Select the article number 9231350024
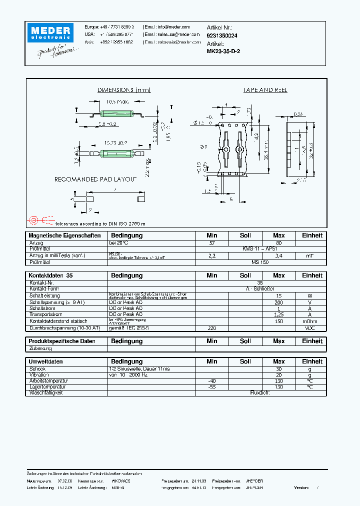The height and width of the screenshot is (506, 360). [x=222, y=35]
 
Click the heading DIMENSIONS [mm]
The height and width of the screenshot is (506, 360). [x=123, y=90]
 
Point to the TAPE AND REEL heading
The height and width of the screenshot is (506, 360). [x=265, y=90]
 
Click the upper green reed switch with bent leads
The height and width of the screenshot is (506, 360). [x=115, y=113]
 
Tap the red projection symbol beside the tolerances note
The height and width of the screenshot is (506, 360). [x=34, y=220]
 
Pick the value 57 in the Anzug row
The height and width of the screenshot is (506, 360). [x=211, y=243]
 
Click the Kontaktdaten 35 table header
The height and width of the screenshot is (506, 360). [x=50, y=275]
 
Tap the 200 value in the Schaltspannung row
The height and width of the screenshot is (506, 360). [x=278, y=302]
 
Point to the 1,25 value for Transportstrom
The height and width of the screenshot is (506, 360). [x=278, y=315]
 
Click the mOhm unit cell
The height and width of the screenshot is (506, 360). [x=310, y=321]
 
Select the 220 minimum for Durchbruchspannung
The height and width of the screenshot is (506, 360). [x=211, y=328]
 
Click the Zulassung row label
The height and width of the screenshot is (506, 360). [x=41, y=348]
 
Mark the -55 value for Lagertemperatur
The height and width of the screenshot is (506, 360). [x=211, y=387]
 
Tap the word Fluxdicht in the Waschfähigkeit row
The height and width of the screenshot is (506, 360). [x=260, y=393]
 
